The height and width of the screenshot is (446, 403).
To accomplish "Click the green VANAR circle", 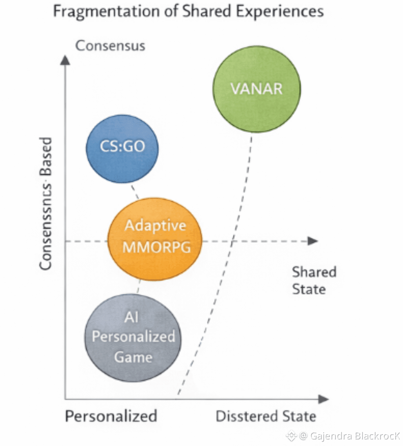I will (x=257, y=89).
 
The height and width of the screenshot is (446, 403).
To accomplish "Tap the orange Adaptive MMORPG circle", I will (x=155, y=239).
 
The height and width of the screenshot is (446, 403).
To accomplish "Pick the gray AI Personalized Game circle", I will (x=133, y=337).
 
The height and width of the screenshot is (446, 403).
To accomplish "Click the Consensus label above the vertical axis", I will (x=110, y=45).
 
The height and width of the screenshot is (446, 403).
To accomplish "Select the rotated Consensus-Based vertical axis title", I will (x=46, y=203).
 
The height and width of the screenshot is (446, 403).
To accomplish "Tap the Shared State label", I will (x=314, y=280).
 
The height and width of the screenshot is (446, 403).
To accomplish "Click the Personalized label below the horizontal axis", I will (x=111, y=416).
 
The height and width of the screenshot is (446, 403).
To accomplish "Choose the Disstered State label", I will (x=266, y=416).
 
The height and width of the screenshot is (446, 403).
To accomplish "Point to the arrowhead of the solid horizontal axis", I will (x=323, y=399).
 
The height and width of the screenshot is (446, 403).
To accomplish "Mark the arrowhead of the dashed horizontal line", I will (x=313, y=241).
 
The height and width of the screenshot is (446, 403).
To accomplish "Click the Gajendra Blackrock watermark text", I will (x=354, y=436).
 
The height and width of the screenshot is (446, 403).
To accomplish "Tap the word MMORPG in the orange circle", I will (x=157, y=247).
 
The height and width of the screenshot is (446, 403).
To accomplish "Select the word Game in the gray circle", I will (x=133, y=357).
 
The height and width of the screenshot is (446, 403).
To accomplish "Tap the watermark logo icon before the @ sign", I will (x=291, y=436).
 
